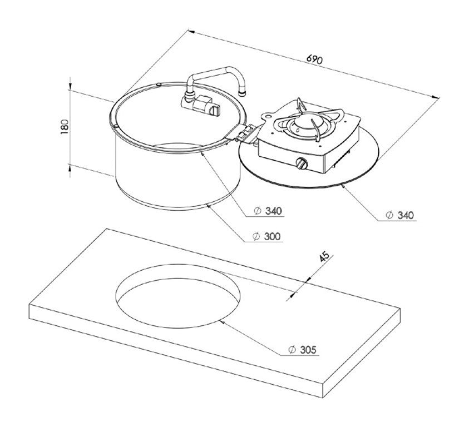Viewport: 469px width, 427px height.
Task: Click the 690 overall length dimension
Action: pyautogui.click(x=315, y=59)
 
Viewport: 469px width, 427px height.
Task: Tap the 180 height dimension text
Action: pyautogui.click(x=65, y=126)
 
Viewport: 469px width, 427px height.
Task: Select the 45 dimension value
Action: pyautogui.click(x=324, y=256)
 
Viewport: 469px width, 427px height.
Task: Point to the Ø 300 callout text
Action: pyautogui.click(x=267, y=236)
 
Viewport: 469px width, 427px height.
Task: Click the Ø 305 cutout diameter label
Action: pyautogui.click(x=303, y=350)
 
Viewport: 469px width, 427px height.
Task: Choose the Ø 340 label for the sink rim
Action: pyautogui.click(x=268, y=211)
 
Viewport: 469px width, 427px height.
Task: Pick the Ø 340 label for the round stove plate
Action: pyautogui.click(x=399, y=215)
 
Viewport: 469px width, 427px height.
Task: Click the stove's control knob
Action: pyautogui.click(x=302, y=163)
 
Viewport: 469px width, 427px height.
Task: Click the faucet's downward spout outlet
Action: pyautogui.click(x=243, y=93)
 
